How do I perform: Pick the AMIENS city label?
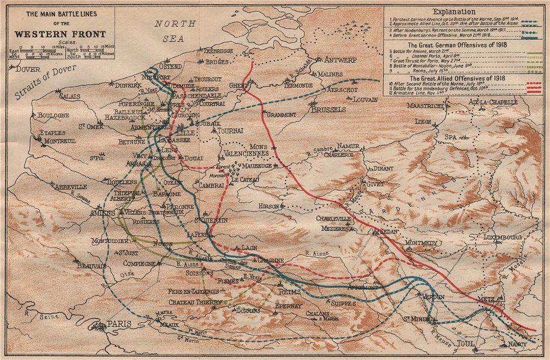point(101,213)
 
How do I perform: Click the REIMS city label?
point(289,291)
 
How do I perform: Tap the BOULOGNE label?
point(53,115)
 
